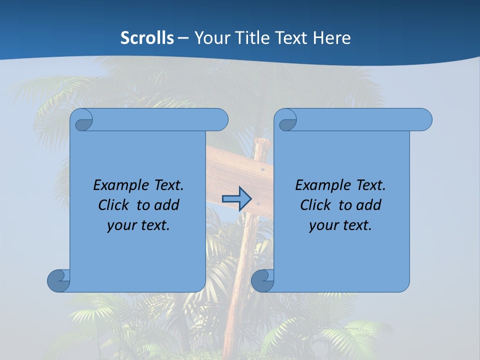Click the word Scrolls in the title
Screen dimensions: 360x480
pyautogui.click(x=147, y=38)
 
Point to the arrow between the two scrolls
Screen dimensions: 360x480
pyautogui.click(x=236, y=198)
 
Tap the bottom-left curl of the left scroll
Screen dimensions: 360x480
pyautogui.click(x=58, y=280)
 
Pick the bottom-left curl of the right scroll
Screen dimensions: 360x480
pyautogui.click(x=262, y=280)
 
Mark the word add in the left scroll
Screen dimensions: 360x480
pyautogui.click(x=167, y=205)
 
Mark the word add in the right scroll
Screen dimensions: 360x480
pyautogui.click(x=369, y=205)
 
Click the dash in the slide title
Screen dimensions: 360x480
pyautogui.click(x=183, y=38)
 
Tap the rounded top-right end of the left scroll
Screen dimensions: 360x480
pyautogui.click(x=220, y=120)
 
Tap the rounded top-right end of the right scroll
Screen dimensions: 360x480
pyautogui.click(x=424, y=120)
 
